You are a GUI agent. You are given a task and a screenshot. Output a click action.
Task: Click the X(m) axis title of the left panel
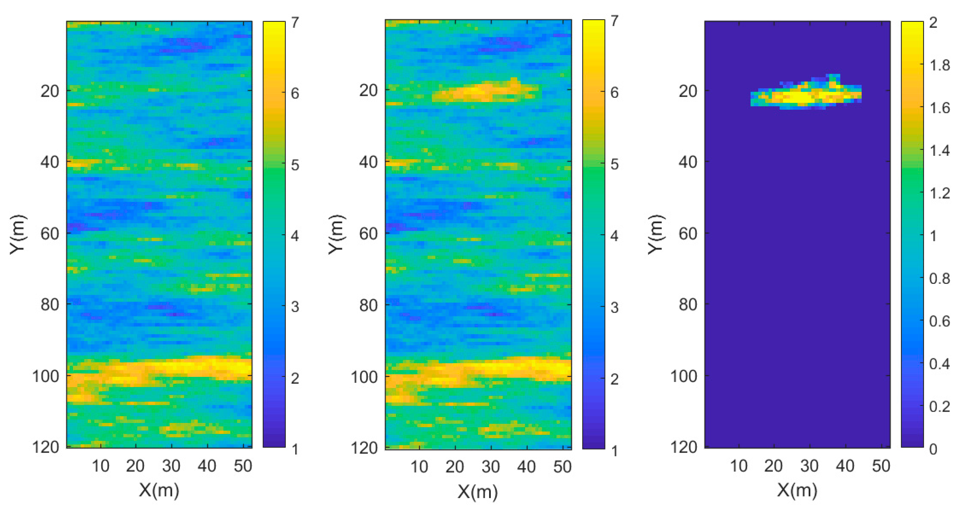click(x=159, y=490)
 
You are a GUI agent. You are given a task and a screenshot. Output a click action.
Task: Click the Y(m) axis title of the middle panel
click(x=336, y=234)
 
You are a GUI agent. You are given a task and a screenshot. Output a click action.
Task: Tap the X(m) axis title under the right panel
click(x=797, y=490)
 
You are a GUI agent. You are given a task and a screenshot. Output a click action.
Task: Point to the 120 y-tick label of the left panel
click(x=46, y=447)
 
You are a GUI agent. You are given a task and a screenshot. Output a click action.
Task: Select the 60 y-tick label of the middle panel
click(x=368, y=234)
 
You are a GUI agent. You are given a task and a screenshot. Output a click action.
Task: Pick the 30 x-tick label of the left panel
click(x=171, y=466)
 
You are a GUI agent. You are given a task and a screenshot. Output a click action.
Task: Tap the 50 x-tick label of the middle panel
click(x=562, y=467)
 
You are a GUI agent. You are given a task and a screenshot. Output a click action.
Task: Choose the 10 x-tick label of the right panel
click(x=739, y=466)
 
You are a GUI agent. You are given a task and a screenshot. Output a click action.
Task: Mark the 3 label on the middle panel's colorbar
click(x=614, y=308)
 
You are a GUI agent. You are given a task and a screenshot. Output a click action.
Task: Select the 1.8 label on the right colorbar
click(x=940, y=65)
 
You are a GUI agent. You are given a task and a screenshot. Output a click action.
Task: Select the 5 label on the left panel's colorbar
click(x=295, y=165)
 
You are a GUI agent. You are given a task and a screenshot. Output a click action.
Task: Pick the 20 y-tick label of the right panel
click(x=688, y=91)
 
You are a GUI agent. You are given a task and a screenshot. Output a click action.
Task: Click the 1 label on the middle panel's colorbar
click(x=614, y=451)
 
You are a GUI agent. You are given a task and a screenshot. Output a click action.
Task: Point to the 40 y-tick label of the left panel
click(x=50, y=162)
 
